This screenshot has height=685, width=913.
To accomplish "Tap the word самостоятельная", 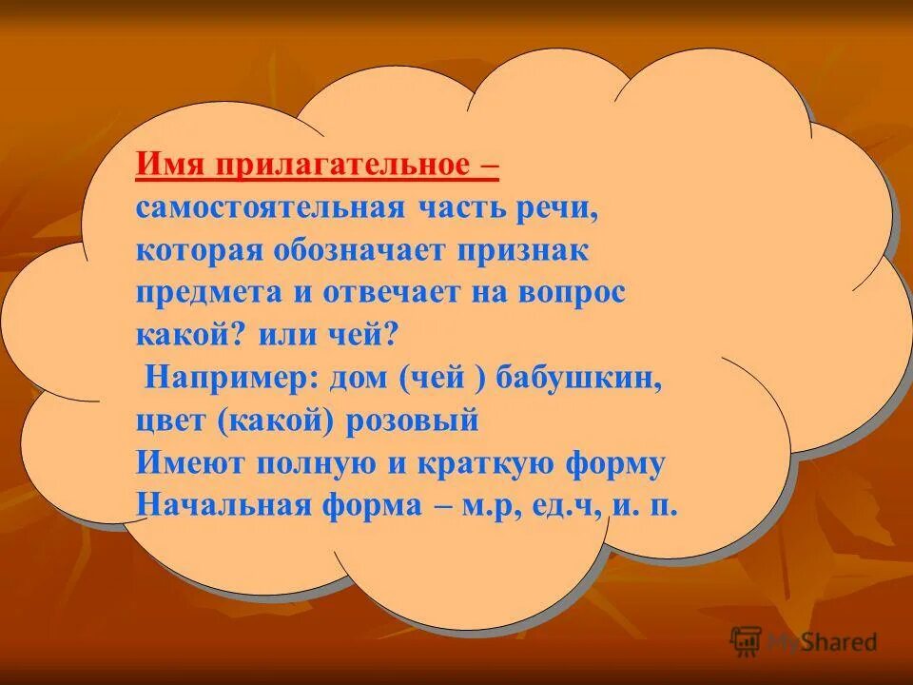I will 270,209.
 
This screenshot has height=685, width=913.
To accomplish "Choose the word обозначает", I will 365,251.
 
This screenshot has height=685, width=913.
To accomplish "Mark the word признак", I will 527,251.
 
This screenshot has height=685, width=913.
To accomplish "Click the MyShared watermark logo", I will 804,641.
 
